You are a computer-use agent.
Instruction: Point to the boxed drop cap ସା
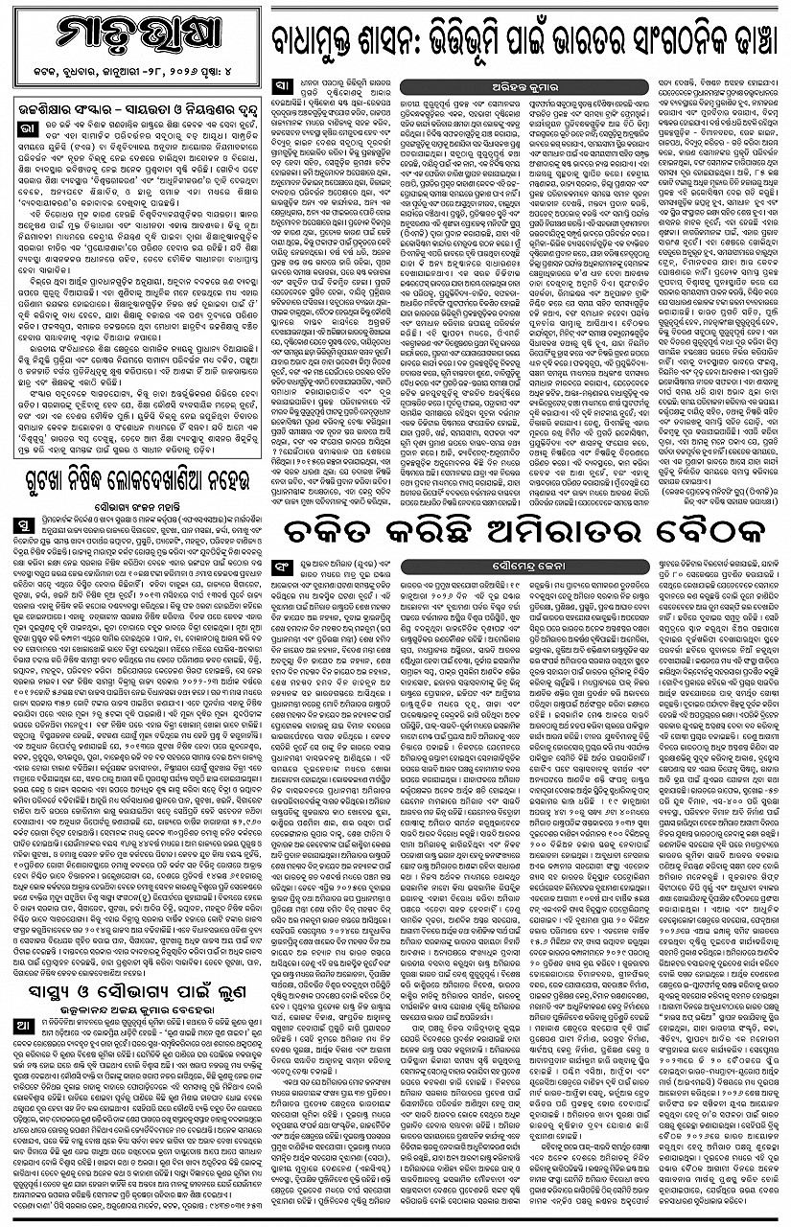pos(280,84)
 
